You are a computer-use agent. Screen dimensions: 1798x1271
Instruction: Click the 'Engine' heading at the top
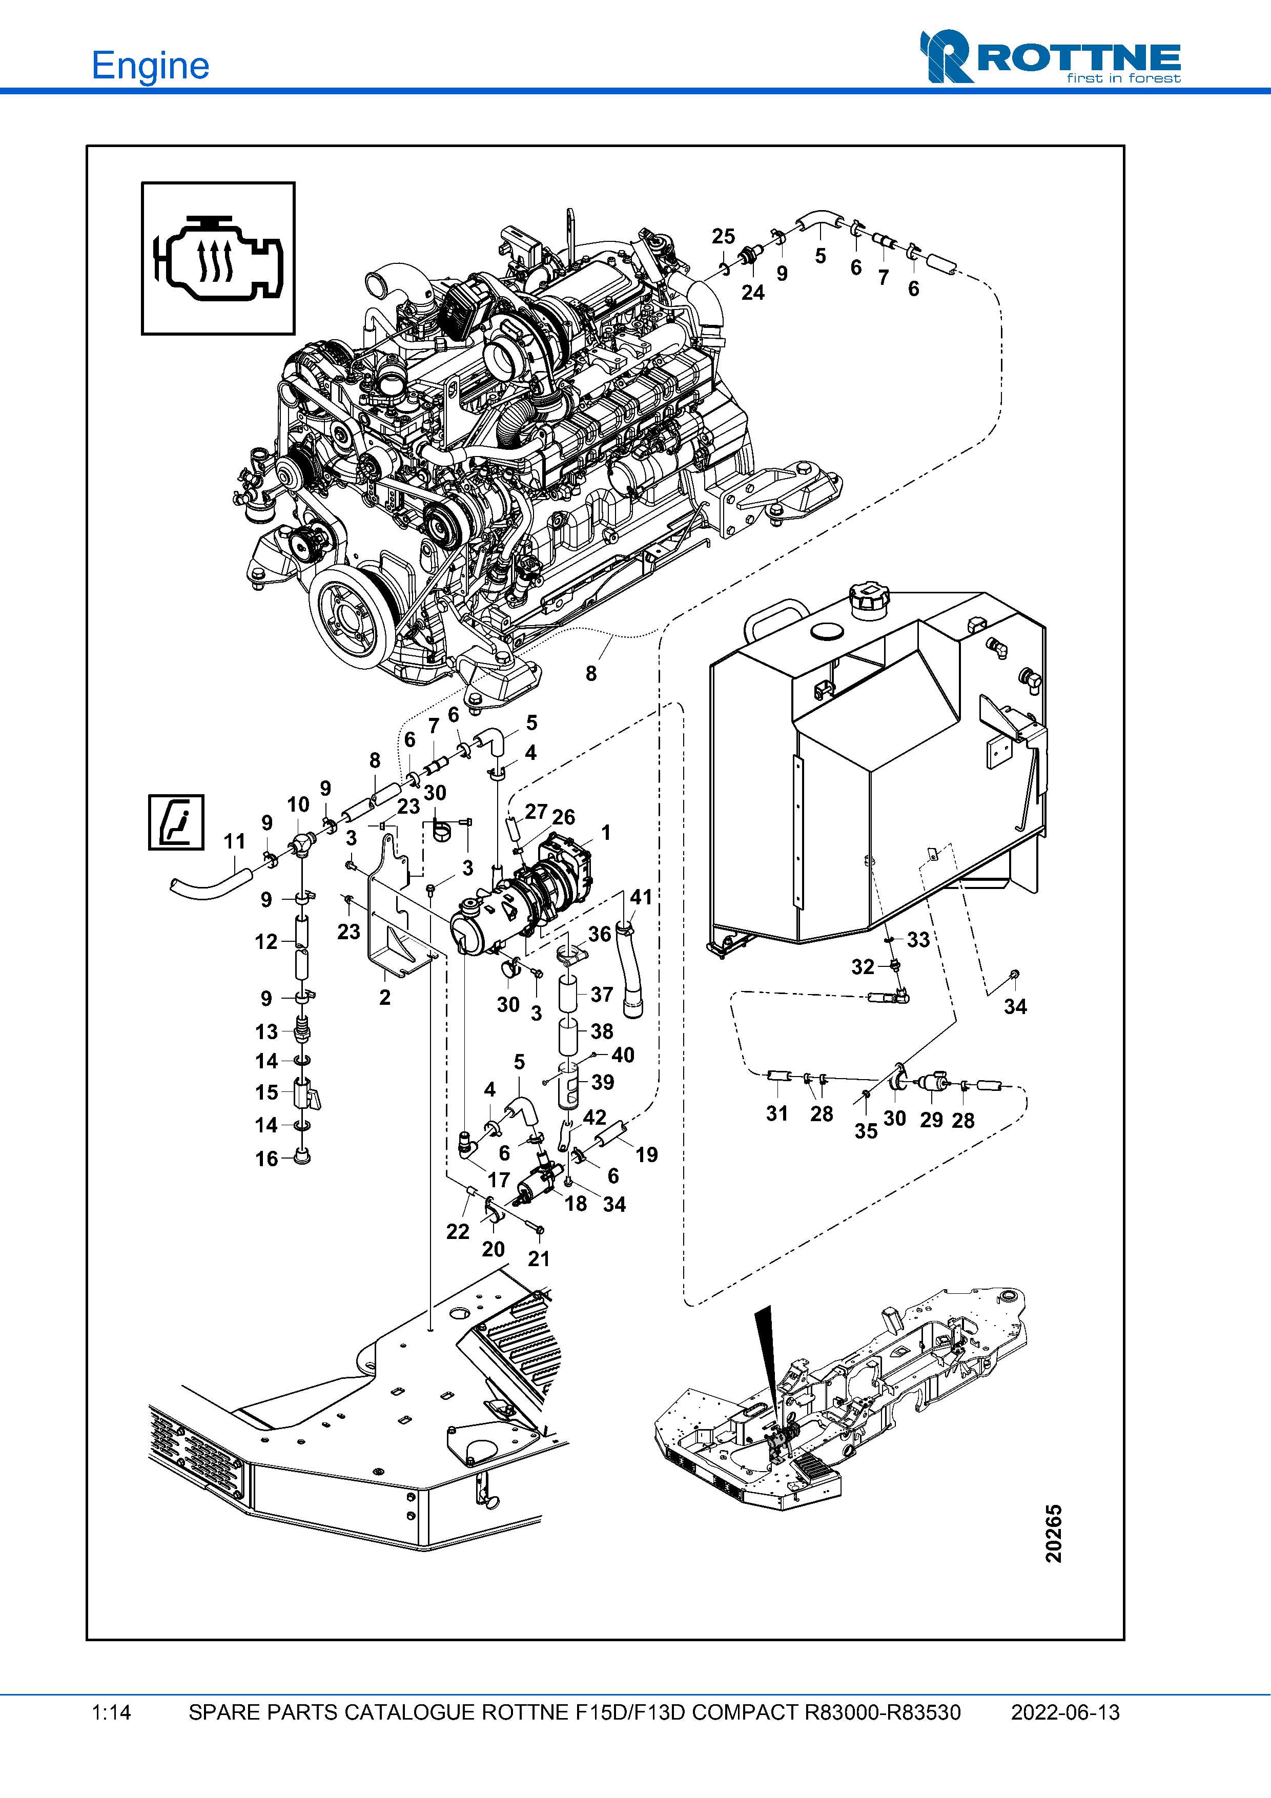[x=150, y=66]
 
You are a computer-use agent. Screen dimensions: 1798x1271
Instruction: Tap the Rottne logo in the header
[x=1050, y=57]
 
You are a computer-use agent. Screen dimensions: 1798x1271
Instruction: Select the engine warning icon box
[x=218, y=258]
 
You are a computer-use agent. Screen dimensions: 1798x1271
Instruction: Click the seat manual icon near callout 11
[x=176, y=822]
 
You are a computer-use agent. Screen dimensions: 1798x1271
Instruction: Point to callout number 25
[x=723, y=237]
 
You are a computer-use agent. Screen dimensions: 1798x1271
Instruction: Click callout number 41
[x=641, y=897]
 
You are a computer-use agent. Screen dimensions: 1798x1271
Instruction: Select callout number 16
[x=266, y=1159]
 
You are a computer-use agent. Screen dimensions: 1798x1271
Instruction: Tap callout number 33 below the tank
[x=918, y=940]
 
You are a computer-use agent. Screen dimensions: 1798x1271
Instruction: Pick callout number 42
[x=594, y=1118]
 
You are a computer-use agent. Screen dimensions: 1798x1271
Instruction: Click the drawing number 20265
[x=1053, y=1533]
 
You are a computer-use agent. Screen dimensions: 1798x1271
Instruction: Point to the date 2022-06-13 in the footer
[x=1065, y=1712]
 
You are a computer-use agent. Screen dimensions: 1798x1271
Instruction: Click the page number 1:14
[x=111, y=1712]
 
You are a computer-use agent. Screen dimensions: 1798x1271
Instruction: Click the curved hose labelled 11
[x=208, y=887]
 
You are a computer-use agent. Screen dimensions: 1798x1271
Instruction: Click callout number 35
[x=865, y=1131]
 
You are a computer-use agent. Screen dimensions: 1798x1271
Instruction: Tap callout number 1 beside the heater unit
[x=605, y=833]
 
